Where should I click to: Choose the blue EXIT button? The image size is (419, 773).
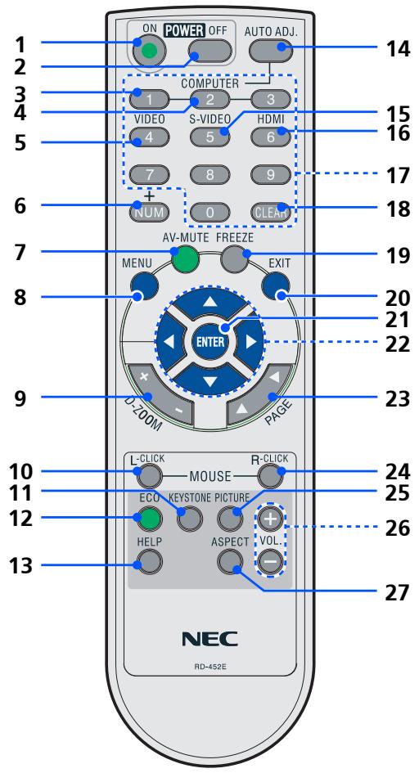[277, 284]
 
